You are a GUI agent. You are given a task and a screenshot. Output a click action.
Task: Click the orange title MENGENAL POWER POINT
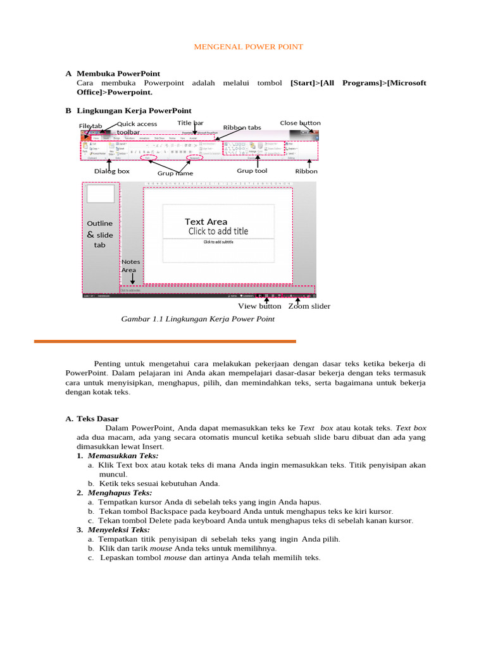(247, 47)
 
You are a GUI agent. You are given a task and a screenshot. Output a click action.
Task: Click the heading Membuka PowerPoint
(118, 73)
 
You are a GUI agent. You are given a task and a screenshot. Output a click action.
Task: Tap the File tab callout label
(90, 126)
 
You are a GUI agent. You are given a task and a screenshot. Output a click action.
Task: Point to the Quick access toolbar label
(137, 128)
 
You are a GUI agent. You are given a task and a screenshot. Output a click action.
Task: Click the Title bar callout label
(190, 123)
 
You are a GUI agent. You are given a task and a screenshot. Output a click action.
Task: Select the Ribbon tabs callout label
(242, 127)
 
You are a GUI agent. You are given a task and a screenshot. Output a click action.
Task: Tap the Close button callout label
(300, 123)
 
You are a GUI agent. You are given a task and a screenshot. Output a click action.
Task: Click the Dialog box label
(112, 171)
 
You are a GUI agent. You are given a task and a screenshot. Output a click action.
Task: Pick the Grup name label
(175, 173)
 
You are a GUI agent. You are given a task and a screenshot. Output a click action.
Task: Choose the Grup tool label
(252, 170)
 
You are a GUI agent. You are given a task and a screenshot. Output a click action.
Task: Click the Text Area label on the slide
(206, 221)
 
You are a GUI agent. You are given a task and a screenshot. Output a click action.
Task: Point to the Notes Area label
(130, 266)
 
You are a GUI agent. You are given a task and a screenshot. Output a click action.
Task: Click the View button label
(259, 306)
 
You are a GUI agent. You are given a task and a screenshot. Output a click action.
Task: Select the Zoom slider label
(309, 306)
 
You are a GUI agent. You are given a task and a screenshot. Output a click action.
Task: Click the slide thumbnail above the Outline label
(101, 194)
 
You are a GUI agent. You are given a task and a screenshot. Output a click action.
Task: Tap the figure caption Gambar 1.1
(197, 319)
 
